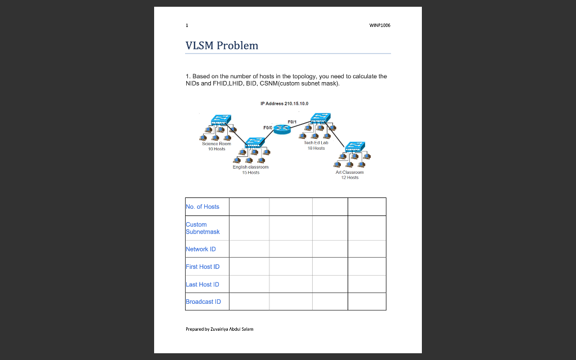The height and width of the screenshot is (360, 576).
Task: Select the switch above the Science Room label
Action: pyautogui.click(x=220, y=120)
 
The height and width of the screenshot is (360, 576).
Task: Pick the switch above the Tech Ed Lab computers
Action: pyautogui.click(x=320, y=119)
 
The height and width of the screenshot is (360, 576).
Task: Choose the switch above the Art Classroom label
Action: pyautogui.click(x=354, y=147)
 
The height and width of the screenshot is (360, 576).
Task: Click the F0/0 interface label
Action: pyautogui.click(x=268, y=128)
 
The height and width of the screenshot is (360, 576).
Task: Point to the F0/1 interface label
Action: pyautogui.click(x=292, y=121)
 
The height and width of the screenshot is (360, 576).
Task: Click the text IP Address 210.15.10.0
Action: pyautogui.click(x=284, y=103)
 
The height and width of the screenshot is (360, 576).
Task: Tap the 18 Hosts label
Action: pyautogui.click(x=316, y=148)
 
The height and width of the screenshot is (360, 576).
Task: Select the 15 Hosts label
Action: pyautogui.click(x=251, y=173)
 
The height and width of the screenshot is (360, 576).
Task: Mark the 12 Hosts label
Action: pyautogui.click(x=350, y=177)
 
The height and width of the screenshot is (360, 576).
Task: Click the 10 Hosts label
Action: pyautogui.click(x=217, y=149)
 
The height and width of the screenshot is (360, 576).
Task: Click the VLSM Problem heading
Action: pyautogui.click(x=222, y=46)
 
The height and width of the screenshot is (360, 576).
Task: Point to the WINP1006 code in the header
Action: pyautogui.click(x=380, y=25)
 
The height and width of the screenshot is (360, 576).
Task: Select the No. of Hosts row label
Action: pyautogui.click(x=202, y=207)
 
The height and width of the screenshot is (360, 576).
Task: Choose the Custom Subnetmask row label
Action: pyautogui.click(x=202, y=228)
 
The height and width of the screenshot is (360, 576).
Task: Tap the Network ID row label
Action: pyautogui.click(x=201, y=249)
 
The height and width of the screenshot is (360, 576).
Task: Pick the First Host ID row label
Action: pyautogui.click(x=202, y=267)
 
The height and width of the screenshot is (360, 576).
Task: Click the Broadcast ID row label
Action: pyautogui.click(x=203, y=301)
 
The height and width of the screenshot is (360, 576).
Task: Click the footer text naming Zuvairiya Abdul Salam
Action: pyautogui.click(x=220, y=329)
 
